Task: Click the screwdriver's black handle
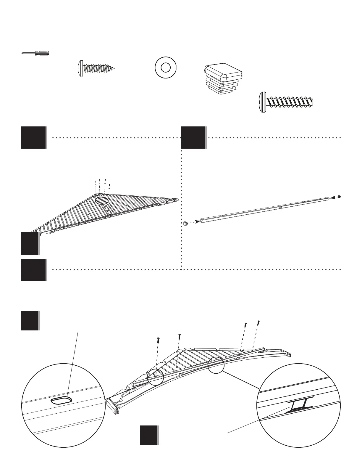42,53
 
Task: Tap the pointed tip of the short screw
113,69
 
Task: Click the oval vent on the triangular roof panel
102,200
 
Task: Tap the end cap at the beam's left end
185,224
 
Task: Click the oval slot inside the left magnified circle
62,401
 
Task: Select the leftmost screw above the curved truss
158,340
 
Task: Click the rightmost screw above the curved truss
258,322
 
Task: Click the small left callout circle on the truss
155,377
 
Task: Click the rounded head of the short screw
80,69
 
